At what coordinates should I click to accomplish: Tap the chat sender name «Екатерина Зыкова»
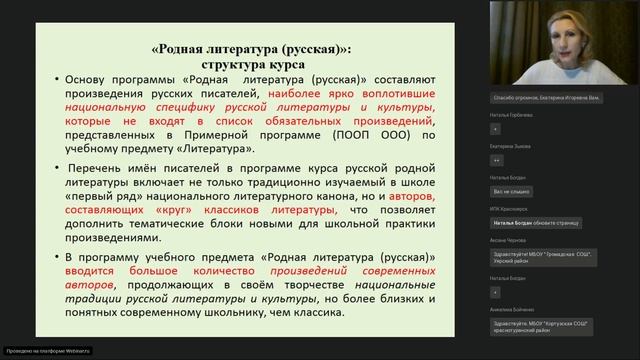(x=511, y=144)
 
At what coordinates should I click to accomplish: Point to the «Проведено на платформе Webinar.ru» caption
(x=47, y=351)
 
